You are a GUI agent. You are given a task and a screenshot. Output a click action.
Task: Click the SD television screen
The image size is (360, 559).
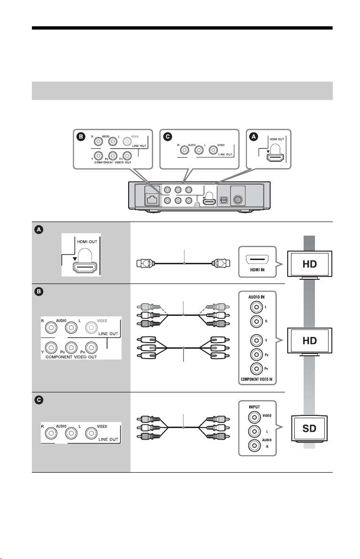point(309,428)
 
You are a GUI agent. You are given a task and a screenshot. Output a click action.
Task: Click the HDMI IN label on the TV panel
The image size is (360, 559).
point(257,270)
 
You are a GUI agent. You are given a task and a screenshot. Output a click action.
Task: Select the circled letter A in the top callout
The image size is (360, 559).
point(254,137)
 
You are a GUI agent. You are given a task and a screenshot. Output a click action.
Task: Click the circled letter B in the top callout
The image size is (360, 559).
point(81,137)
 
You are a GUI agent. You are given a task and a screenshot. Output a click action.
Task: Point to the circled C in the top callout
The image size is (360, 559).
point(167,137)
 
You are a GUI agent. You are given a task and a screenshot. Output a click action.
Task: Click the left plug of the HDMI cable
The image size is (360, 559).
point(146,263)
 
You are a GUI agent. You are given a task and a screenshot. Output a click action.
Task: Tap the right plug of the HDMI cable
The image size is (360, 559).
point(221,263)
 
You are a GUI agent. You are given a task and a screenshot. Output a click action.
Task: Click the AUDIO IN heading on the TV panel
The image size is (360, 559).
point(256,297)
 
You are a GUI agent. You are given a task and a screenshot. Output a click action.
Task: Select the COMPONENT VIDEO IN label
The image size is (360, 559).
point(257,379)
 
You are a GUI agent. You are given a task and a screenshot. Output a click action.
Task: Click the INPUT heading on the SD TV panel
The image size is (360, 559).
point(254,407)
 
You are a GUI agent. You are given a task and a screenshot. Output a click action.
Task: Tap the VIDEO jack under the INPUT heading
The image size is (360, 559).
point(254,417)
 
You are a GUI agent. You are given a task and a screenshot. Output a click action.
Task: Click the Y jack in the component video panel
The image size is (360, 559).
point(256,340)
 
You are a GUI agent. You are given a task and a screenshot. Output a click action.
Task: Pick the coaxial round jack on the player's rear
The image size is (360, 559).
point(238,199)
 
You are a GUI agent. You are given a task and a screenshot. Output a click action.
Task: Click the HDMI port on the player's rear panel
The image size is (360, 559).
point(209,201)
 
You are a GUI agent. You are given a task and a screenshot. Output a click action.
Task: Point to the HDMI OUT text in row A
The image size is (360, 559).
point(87,242)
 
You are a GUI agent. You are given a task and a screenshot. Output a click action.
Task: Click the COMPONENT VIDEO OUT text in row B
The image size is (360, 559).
point(71,357)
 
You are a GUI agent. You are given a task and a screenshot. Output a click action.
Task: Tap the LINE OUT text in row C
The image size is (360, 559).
point(108,439)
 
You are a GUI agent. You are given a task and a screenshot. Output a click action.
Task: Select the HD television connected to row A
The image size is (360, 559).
point(310,265)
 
